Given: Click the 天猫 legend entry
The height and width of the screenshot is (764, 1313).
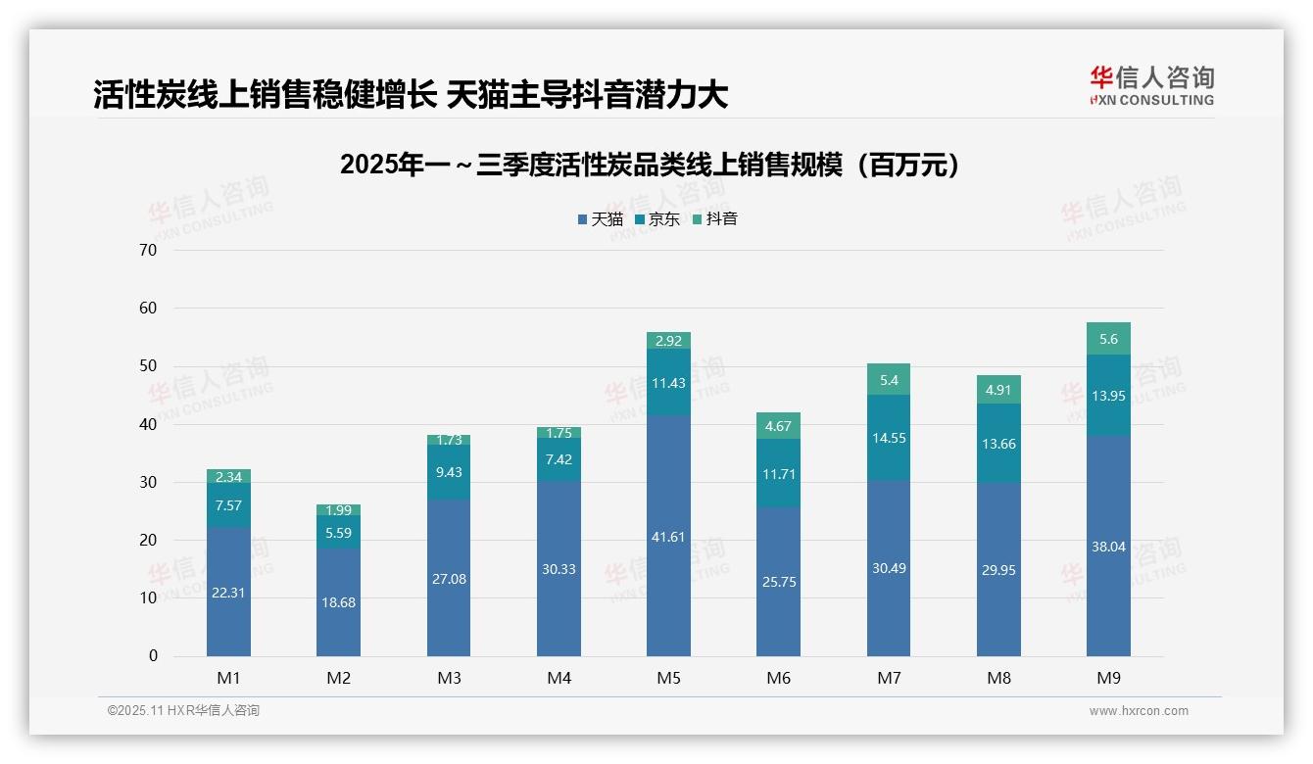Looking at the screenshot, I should tap(601, 219).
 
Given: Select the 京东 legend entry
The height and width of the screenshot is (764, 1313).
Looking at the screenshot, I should tap(657, 219).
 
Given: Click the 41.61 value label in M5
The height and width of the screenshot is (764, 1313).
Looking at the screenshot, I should tap(668, 537).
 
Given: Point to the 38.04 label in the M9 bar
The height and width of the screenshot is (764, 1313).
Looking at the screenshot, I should tap(1108, 547).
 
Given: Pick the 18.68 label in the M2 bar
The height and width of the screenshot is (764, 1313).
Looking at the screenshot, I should tap(338, 602).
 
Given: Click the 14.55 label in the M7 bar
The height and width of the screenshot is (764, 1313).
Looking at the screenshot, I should tap(889, 438).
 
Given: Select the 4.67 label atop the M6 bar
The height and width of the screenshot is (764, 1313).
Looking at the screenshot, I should tap(778, 426).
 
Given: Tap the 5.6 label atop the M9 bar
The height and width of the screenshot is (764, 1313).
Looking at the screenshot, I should tap(1108, 339).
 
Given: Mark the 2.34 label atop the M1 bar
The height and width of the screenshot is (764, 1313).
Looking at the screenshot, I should tap(228, 477).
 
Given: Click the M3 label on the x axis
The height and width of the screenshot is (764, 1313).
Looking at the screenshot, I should tap(449, 678).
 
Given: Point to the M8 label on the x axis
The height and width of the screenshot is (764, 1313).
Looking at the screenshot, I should tap(998, 678).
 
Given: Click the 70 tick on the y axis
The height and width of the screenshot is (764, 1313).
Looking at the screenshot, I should tap(148, 250).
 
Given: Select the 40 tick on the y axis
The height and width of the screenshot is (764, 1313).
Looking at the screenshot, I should tap(148, 424).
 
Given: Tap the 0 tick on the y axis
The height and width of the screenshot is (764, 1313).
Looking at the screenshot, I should tap(153, 656).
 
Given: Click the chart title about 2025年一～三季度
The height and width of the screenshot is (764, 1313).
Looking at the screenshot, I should tap(649, 166).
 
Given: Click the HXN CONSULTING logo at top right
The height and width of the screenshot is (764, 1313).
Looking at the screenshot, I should tap(1151, 86).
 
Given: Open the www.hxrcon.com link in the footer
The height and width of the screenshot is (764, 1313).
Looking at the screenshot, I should tap(1139, 711).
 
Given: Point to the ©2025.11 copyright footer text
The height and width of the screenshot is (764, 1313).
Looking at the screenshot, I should tap(183, 711).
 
